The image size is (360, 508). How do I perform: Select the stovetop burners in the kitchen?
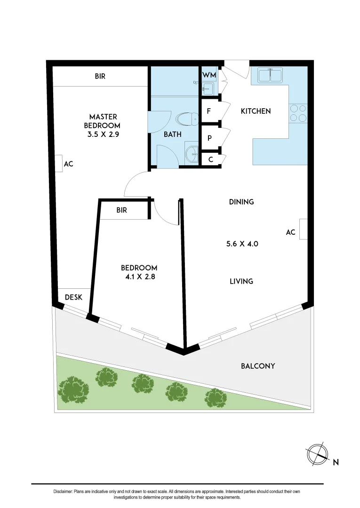298,112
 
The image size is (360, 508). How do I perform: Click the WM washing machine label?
209,75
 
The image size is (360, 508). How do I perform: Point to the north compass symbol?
316,453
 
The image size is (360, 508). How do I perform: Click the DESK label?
73,297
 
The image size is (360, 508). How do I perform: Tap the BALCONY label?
258,366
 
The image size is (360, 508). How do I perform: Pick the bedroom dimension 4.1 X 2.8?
137,277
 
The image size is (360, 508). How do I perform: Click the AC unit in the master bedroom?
60,164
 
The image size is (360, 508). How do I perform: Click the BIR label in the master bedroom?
100,76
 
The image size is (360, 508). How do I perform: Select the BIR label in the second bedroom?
121,210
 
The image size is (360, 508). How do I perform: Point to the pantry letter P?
209,138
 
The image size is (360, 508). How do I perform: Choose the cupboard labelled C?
211,159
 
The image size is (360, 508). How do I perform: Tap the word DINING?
241,202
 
